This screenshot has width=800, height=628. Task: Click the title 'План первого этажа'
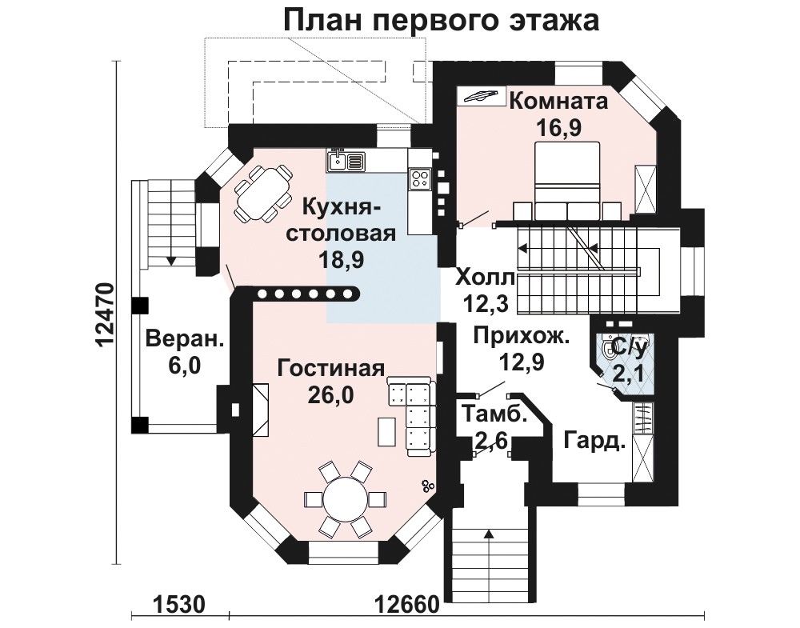pyautogui.click(x=441, y=22)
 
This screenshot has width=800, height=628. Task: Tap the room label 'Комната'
pyautogui.click(x=558, y=101)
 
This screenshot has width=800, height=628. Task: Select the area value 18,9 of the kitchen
pyautogui.click(x=340, y=260)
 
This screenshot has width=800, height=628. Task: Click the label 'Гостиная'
pyautogui.click(x=330, y=368)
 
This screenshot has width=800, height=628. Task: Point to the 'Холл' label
pyautogui.click(x=486, y=278)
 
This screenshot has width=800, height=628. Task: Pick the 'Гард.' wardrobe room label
pyautogui.click(x=595, y=440)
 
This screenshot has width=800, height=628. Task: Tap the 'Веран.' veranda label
pyautogui.click(x=185, y=338)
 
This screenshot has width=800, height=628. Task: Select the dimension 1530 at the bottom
pyautogui.click(x=178, y=605)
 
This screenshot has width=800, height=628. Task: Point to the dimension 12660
pyautogui.click(x=406, y=605)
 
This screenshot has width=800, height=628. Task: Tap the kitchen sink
pyautogui.click(x=345, y=162)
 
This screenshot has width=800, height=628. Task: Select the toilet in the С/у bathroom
pyautogui.click(x=609, y=350)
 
